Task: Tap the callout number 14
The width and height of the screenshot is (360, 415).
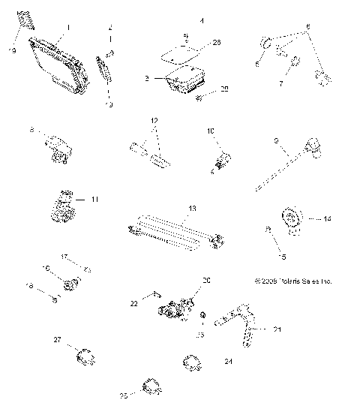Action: point(327,219)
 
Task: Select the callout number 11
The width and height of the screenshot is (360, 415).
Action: point(94,200)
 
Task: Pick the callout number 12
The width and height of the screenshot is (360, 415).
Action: point(154,120)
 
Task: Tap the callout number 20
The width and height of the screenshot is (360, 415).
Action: point(206,279)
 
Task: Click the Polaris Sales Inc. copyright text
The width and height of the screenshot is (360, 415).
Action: point(293,281)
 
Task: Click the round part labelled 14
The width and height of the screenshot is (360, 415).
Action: point(292,221)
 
